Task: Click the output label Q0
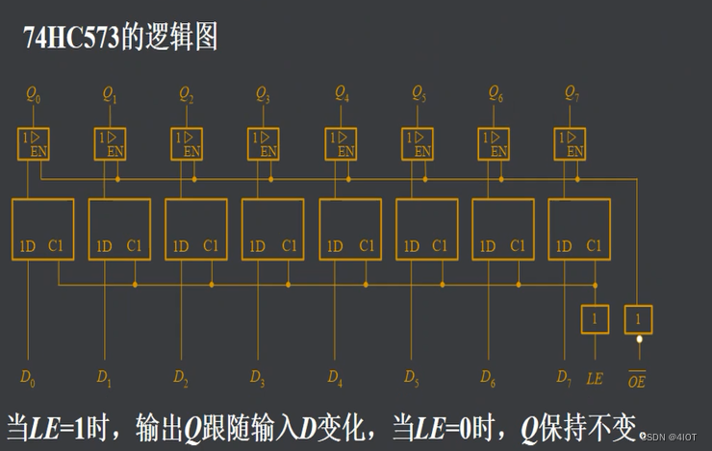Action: (x=34, y=95)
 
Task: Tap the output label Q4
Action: (x=342, y=94)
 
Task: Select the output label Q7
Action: (x=571, y=94)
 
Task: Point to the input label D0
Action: (x=28, y=377)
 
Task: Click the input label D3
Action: (x=258, y=377)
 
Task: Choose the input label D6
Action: (x=488, y=377)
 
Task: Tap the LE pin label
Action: (x=595, y=378)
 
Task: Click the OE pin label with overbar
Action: (x=637, y=378)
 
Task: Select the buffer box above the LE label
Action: (x=595, y=319)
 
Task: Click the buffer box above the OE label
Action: (x=638, y=319)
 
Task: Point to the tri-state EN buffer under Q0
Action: (x=34, y=144)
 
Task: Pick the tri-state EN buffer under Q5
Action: (x=417, y=144)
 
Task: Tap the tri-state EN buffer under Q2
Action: (x=187, y=144)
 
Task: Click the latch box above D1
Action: (x=119, y=229)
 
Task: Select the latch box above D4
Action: (x=350, y=229)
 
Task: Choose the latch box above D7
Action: (x=579, y=229)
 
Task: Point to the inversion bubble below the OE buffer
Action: (x=638, y=338)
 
